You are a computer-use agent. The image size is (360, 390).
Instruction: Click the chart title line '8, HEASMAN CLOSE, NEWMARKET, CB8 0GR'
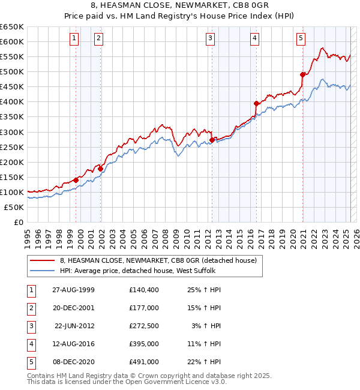click(x=179, y=6)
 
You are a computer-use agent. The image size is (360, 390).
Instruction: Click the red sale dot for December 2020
click(x=303, y=74)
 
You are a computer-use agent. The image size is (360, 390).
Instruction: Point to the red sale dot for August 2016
click(x=256, y=103)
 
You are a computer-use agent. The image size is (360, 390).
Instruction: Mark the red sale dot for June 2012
click(x=212, y=140)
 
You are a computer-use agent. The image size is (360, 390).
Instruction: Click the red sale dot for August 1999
click(x=76, y=180)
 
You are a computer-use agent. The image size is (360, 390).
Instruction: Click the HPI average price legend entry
click(x=143, y=271)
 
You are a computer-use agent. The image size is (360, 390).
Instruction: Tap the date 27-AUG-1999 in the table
click(x=73, y=290)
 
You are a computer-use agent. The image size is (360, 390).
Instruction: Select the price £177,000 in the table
click(x=143, y=308)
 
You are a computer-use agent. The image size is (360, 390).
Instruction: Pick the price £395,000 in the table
click(x=143, y=344)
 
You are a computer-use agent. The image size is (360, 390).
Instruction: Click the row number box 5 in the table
click(x=30, y=362)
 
